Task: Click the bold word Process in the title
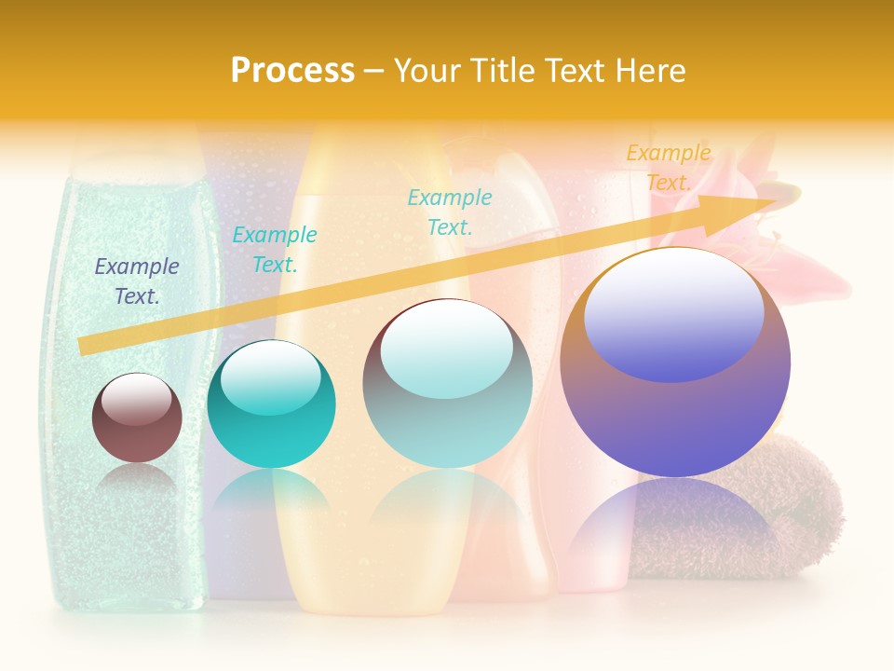click(292, 71)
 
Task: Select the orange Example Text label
click(668, 168)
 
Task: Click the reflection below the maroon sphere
click(137, 480)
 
